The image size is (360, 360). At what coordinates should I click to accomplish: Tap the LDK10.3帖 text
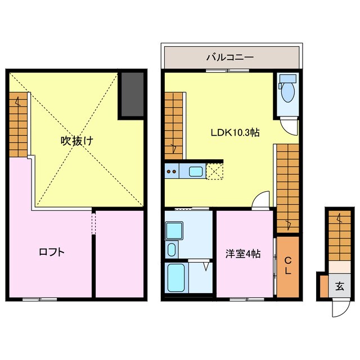pyautogui.click(x=235, y=133)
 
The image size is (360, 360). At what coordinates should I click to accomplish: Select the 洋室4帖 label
pyautogui.click(x=244, y=254)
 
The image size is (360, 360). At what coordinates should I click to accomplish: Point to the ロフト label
pyautogui.click(x=51, y=253)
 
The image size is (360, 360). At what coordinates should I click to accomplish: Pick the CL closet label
pyautogui.click(x=287, y=265)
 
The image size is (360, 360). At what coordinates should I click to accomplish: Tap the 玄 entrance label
pyautogui.click(x=340, y=286)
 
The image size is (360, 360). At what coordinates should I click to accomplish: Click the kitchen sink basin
pyautogui.click(x=196, y=172)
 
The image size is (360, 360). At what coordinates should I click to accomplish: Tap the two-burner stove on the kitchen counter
pyautogui.click(x=172, y=172)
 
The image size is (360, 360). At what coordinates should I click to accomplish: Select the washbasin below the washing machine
pyautogui.click(x=172, y=250)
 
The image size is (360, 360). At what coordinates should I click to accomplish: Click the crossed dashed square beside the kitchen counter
pyautogui.click(x=215, y=172)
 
